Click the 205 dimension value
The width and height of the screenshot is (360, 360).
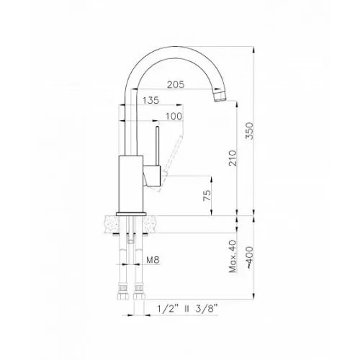[x=176, y=84]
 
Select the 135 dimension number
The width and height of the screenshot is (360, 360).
[x=151, y=100]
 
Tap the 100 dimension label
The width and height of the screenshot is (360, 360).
[x=174, y=117]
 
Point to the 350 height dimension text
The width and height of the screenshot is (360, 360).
[x=249, y=131]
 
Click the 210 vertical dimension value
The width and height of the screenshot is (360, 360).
[x=233, y=158]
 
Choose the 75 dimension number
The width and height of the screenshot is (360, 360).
[x=207, y=196]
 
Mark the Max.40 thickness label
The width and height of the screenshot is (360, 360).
[x=233, y=256]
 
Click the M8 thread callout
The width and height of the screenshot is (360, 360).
[x=153, y=260]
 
